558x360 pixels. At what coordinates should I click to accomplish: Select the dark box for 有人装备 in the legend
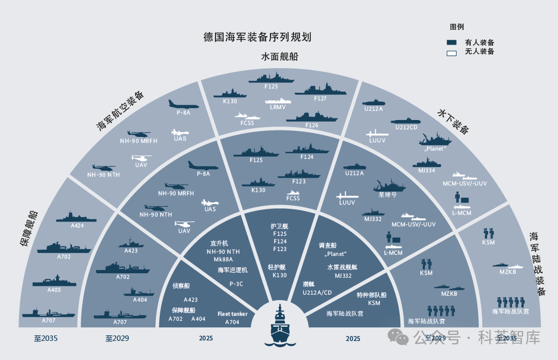pyautogui.click(x=451, y=42)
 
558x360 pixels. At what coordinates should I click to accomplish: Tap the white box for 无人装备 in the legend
pyautogui.click(x=451, y=52)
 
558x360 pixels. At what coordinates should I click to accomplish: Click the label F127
pyautogui.click(x=320, y=99)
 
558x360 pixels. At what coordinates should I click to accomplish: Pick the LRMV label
pyautogui.click(x=278, y=108)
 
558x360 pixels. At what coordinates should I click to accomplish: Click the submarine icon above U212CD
pyautogui.click(x=406, y=121)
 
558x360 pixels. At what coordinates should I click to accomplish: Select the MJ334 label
pyautogui.click(x=427, y=170)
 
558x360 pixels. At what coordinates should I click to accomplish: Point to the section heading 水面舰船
pyautogui.click(x=279, y=57)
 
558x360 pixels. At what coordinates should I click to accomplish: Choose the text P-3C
pyautogui.click(x=236, y=284)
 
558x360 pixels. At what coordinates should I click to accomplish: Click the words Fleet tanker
pyautogui.click(x=232, y=314)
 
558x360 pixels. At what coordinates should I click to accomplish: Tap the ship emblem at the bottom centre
pyautogui.click(x=279, y=325)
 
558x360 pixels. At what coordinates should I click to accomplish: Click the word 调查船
pyautogui.click(x=328, y=247)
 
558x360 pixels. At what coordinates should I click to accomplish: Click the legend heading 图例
pyautogui.click(x=457, y=27)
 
